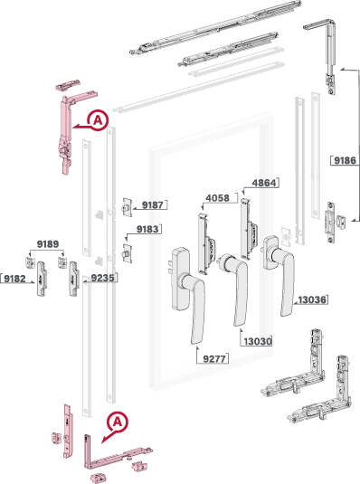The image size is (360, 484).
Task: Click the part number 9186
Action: (345, 160)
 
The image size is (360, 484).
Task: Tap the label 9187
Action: (152, 205)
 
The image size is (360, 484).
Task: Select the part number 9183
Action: (147, 229)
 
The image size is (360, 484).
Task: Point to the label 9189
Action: (48, 244)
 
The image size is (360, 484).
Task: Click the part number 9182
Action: (14, 279)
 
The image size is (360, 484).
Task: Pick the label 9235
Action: (102, 278)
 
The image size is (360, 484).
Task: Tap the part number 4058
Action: (218, 198)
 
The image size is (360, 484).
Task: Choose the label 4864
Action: (264, 183)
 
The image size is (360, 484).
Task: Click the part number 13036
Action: (312, 299)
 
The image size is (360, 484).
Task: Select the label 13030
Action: (258, 341)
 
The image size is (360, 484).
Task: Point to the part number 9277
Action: (214, 358)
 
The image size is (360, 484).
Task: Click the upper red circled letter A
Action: (98, 119)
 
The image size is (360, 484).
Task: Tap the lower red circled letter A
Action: (118, 422)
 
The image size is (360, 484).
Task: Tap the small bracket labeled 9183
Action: (128, 253)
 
